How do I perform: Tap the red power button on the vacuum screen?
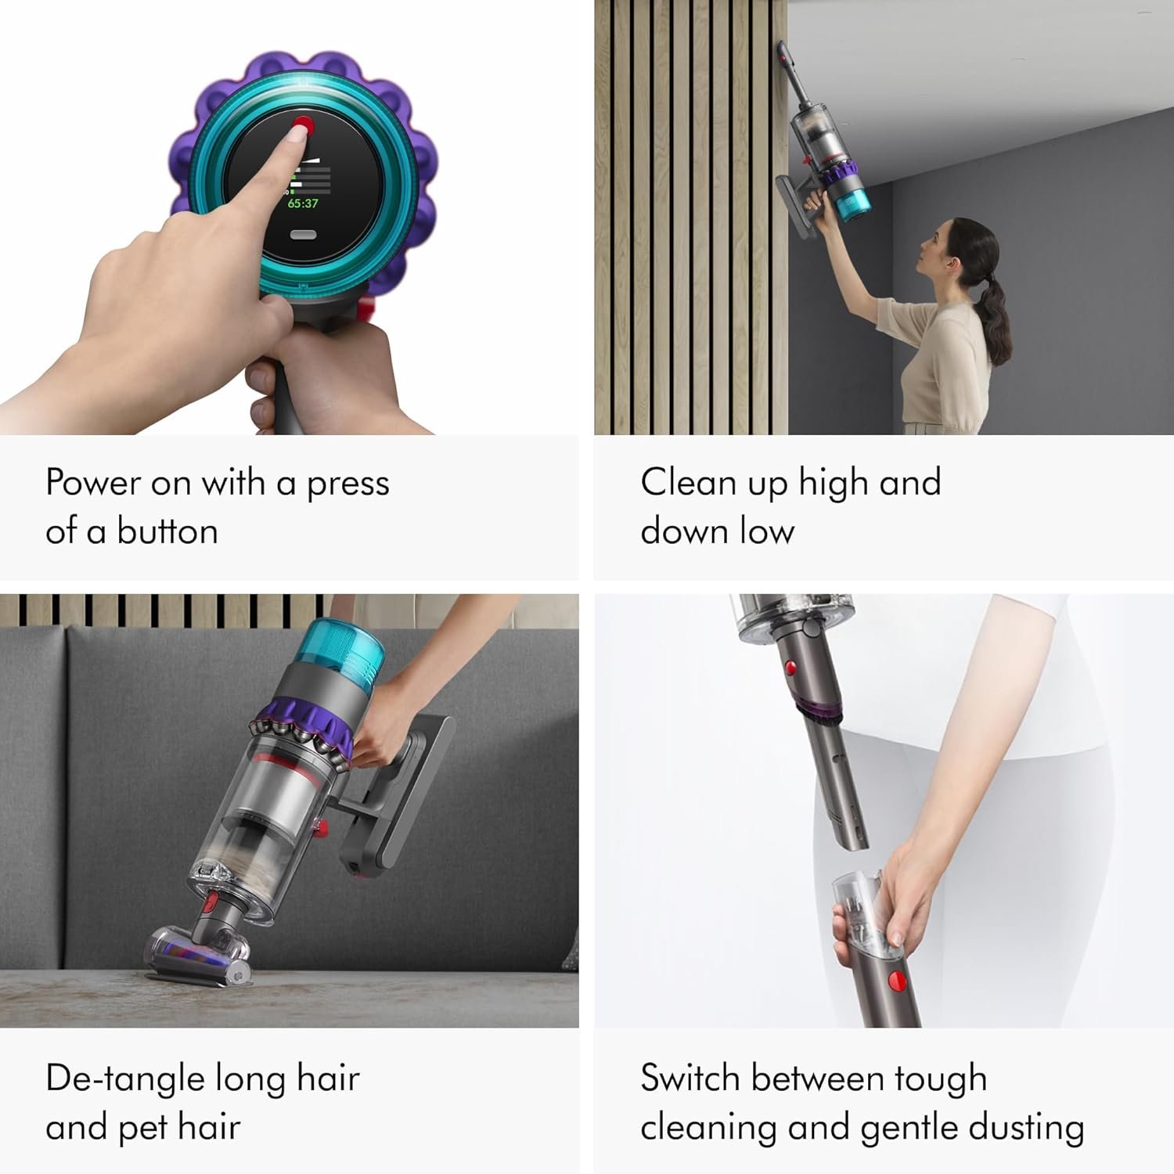[303, 125]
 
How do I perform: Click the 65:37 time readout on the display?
[303, 203]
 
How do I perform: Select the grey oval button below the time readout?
[303, 235]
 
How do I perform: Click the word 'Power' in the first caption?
[92, 482]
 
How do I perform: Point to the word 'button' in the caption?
[167, 531]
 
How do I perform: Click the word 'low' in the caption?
[767, 531]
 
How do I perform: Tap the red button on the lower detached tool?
[897, 980]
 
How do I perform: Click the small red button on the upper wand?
[790, 668]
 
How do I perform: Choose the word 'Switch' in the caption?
[690, 1079]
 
